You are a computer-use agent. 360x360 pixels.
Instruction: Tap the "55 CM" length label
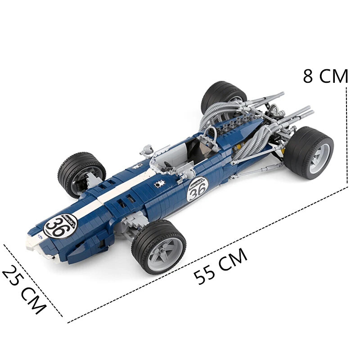(x=221, y=266)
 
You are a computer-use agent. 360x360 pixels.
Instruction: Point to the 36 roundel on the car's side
(x=197, y=190)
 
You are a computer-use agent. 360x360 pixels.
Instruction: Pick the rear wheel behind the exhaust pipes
(x=224, y=98)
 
